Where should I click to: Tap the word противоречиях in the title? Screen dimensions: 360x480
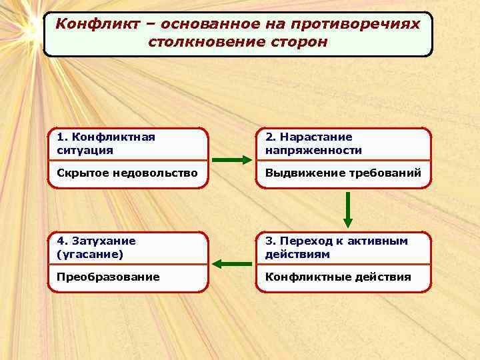[x=370, y=24]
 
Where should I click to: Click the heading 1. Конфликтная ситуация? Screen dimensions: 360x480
[x=106, y=143]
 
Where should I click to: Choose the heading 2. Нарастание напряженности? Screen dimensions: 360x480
[x=313, y=143]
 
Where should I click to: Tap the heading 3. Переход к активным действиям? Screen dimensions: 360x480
[x=336, y=247]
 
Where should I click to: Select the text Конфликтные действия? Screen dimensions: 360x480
[x=338, y=277]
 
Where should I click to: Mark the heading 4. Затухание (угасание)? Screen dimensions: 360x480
[x=96, y=247]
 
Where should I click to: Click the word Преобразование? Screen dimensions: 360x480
[x=108, y=277]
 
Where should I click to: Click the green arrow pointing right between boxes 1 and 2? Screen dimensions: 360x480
[x=231, y=160]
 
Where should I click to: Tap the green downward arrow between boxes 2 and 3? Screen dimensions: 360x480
[x=347, y=209]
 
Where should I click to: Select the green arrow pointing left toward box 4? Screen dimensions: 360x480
[x=231, y=264]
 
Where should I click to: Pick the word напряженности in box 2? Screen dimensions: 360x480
[x=313, y=150]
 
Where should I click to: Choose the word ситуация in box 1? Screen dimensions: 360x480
[x=85, y=150]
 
